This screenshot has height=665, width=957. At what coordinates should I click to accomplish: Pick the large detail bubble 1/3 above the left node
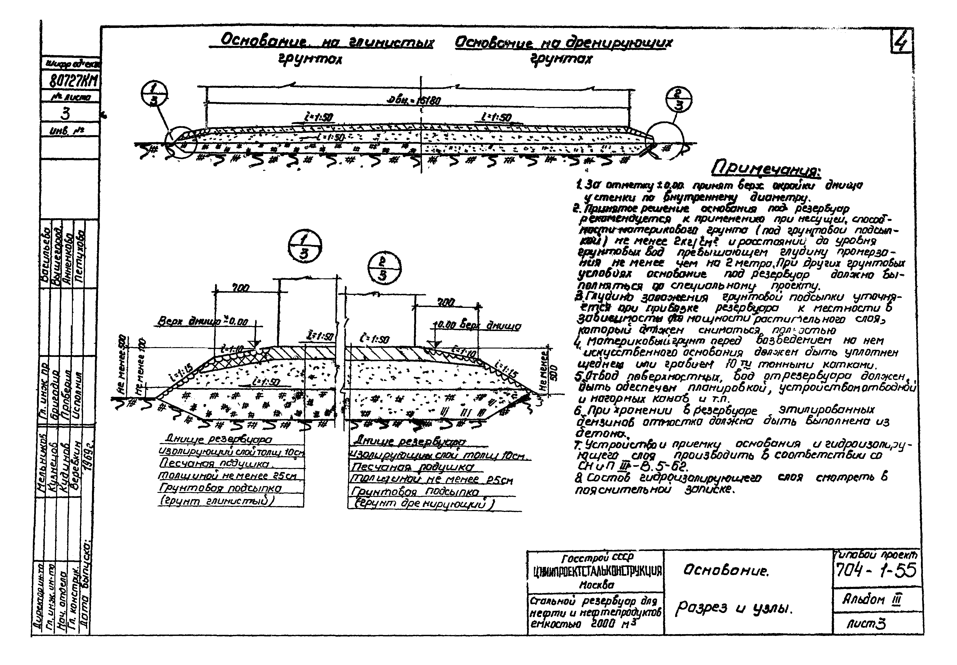[x=305, y=247]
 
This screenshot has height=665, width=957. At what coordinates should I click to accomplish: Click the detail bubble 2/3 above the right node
[x=384, y=268]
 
